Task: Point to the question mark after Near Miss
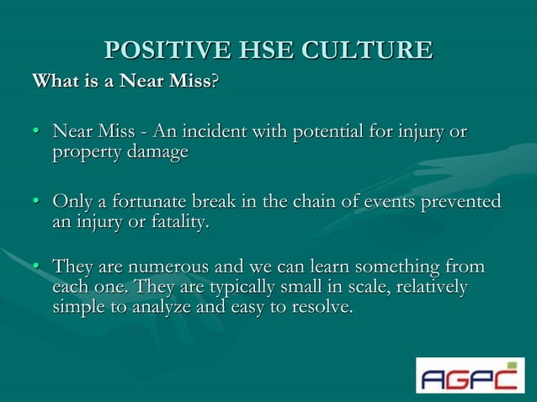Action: [214, 82]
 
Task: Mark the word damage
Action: [157, 153]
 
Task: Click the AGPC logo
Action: [470, 375]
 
